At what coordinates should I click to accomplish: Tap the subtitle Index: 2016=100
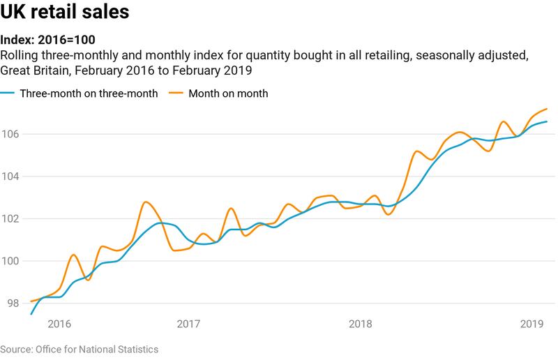[48, 40]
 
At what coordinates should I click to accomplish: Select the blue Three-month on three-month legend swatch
[8, 93]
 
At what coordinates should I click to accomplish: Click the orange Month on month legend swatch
[177, 93]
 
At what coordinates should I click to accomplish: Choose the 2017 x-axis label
[188, 324]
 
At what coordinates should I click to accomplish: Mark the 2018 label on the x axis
[360, 324]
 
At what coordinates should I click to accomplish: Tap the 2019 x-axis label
[532, 324]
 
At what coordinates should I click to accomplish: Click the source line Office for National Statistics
[79, 349]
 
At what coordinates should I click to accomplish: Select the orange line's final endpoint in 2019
[547, 109]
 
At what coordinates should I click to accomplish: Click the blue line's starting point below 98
[31, 314]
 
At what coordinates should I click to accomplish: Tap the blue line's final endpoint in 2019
[547, 121]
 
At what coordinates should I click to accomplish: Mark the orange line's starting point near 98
[31, 301]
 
